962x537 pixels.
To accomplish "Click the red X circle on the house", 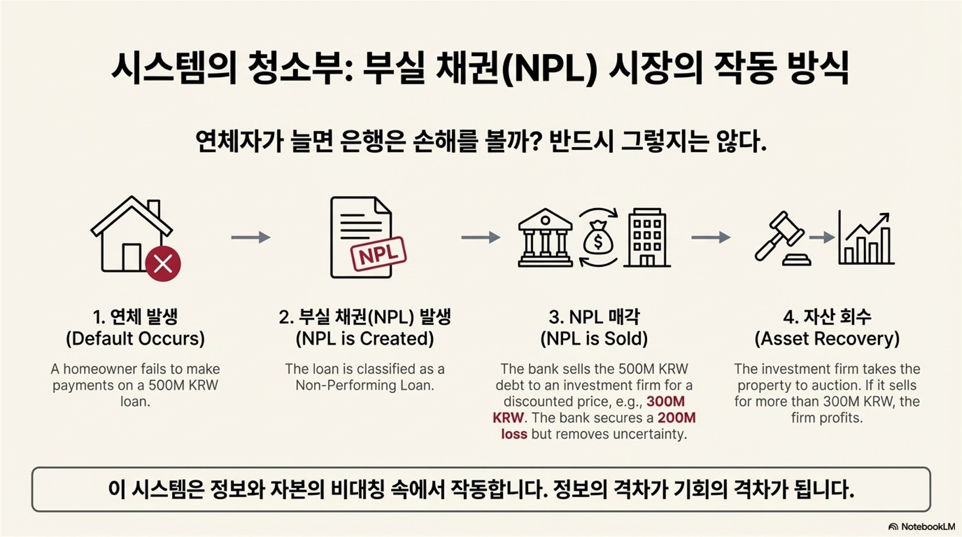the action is [163, 264].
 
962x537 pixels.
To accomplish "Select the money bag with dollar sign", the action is [598, 239].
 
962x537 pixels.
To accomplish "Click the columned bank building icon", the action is [545, 238].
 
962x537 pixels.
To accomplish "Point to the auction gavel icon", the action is [780, 239].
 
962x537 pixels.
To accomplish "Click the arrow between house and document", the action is [251, 238].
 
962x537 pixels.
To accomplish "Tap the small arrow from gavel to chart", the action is [822, 238].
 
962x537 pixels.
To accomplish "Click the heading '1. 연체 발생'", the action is [135, 317].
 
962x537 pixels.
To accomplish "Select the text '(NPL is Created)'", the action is [365, 339].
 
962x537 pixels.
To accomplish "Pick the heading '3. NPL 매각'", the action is [594, 317].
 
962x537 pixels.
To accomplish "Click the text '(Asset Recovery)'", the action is [827, 339].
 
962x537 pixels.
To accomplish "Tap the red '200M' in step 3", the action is [676, 418].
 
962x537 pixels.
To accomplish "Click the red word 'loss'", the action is [514, 434].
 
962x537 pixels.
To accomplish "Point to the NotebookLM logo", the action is [922, 527].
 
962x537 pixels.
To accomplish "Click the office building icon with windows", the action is [647, 238].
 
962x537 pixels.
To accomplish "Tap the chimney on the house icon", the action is [154, 208].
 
